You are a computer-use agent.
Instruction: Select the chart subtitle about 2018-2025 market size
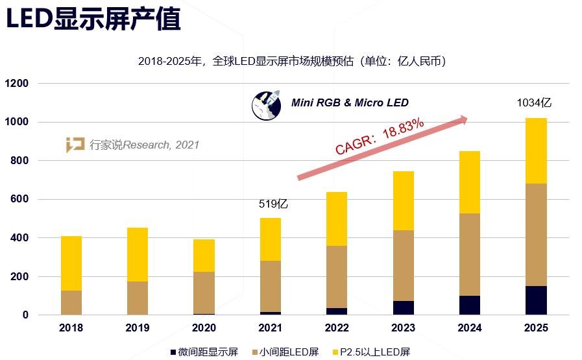[291, 61]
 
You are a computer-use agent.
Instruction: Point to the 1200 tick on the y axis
[18, 84]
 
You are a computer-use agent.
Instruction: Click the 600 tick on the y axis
[20, 200]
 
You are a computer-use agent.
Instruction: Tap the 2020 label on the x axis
[204, 328]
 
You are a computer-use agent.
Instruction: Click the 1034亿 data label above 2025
[533, 102]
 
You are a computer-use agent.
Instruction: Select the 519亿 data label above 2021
[273, 204]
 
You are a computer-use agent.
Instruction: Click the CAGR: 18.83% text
[380, 136]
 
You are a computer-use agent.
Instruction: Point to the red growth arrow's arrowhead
[462, 119]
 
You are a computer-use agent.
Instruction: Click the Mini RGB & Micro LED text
[350, 103]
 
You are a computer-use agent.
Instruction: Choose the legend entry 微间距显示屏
[204, 352]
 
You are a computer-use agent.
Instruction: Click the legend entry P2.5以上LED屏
[372, 352]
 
